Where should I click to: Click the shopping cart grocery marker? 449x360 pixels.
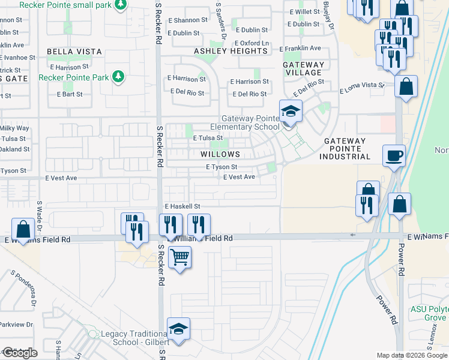coord(179,258)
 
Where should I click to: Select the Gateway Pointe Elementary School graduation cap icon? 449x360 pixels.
coord(291,112)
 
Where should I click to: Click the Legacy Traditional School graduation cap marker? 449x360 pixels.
coord(178,329)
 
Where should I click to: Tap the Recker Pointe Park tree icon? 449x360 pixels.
coord(119,76)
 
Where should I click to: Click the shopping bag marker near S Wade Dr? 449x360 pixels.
coord(23,229)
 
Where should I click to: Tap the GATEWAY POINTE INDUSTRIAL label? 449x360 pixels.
coord(348,149)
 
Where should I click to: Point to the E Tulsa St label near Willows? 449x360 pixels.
coord(208,138)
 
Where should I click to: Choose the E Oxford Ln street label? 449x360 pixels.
coord(251,43)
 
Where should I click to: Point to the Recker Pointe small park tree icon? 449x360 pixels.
coord(121,4)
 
